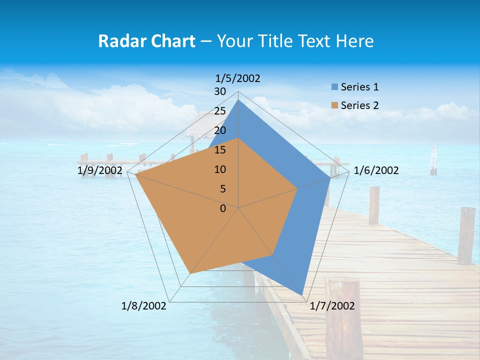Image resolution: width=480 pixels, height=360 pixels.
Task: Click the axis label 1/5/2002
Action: pyautogui.click(x=237, y=78)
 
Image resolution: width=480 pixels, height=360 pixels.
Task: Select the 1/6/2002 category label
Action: pyautogui.click(x=376, y=170)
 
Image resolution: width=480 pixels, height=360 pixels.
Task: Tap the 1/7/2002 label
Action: pyautogui.click(x=332, y=306)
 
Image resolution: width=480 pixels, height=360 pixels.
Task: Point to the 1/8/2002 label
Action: pyautogui.click(x=144, y=306)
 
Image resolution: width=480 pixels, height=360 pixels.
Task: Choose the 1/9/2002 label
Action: pyautogui.click(x=100, y=170)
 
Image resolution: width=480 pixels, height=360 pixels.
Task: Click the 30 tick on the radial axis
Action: pyautogui.click(x=220, y=91)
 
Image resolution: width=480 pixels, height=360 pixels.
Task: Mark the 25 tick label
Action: pyautogui.click(x=220, y=111)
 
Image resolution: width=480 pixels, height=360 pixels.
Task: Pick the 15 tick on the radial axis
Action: pyautogui.click(x=220, y=150)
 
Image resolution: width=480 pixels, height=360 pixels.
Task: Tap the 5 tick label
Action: pyautogui.click(x=223, y=189)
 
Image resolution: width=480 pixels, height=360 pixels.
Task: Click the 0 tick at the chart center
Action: pyautogui.click(x=223, y=208)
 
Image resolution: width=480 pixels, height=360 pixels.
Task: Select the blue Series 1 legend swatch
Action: pyautogui.click(x=334, y=87)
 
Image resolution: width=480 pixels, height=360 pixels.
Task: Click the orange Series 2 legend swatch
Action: pyautogui.click(x=334, y=105)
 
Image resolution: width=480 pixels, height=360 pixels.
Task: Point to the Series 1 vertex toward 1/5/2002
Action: pyautogui.click(x=238, y=100)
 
